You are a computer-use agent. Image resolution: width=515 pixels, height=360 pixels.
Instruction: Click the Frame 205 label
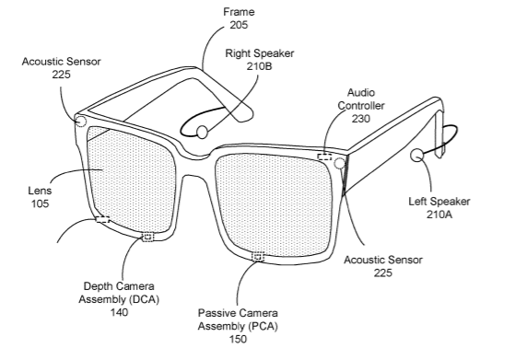[x=239, y=18]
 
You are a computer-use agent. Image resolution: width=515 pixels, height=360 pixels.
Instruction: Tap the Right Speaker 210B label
[x=260, y=60]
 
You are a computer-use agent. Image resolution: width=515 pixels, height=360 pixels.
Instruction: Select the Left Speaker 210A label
[x=439, y=208]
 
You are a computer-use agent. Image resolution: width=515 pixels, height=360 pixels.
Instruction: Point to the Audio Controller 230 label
[x=361, y=105]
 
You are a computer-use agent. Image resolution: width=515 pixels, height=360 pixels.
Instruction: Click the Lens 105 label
[x=40, y=197]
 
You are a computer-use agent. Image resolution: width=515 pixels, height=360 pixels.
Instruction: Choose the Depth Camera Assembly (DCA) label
[x=119, y=293]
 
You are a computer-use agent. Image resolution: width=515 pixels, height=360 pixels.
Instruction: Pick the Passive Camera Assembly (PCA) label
[x=238, y=319]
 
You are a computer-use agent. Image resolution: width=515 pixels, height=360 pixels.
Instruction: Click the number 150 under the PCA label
[x=238, y=339]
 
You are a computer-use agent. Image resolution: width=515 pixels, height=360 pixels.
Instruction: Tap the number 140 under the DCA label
[x=119, y=312]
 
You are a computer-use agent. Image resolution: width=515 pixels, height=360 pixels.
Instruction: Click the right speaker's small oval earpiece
[x=202, y=132]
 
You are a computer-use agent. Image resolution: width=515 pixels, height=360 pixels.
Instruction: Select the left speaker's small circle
[x=417, y=156]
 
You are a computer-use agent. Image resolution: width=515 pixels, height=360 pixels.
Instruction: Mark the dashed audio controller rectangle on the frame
[x=324, y=157]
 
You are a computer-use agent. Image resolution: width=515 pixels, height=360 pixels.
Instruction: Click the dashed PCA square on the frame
[x=258, y=257]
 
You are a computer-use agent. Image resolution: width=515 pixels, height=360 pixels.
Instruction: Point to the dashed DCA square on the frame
[x=147, y=237]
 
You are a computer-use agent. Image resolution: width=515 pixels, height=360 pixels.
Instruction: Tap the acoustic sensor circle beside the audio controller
[x=339, y=163]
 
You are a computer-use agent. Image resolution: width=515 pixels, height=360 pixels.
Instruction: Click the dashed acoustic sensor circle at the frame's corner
[x=80, y=122]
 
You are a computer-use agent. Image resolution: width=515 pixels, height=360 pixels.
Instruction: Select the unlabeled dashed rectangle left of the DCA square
[x=103, y=219]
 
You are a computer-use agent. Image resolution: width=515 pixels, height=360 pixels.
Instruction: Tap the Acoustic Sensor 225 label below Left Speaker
[x=383, y=266]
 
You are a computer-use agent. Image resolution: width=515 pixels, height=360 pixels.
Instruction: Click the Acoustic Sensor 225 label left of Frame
[x=61, y=68]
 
